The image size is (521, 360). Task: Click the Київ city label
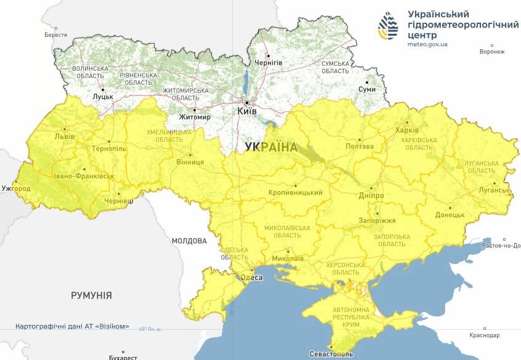tap(247, 111)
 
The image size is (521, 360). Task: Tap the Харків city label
tap(407, 130)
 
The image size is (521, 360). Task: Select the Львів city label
tap(65, 136)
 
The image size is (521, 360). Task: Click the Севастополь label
tap(331, 354)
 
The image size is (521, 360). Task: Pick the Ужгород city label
tap(16, 187)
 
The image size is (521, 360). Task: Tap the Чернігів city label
tap(269, 63)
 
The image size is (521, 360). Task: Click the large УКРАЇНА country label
tap(271, 147)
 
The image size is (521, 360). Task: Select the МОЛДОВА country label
tap(189, 241)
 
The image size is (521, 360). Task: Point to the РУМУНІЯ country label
tap(91, 295)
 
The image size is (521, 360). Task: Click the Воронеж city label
tap(491, 52)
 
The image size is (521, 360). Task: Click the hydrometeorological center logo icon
tap(389, 26)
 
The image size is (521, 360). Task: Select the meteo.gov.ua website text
tap(427, 44)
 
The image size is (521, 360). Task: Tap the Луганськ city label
tap(495, 190)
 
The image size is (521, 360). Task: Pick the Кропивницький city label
tap(296, 193)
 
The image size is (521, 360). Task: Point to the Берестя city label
tap(55, 35)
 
